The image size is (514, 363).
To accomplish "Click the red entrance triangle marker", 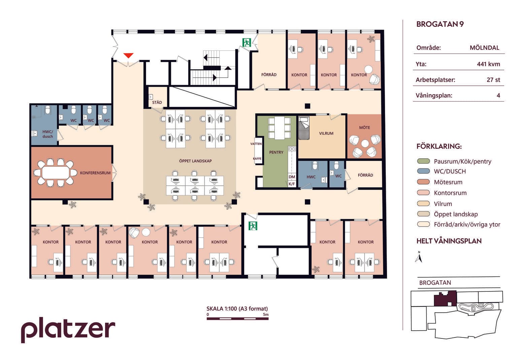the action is (x=128, y=55).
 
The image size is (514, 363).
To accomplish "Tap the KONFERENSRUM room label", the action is (x=95, y=173).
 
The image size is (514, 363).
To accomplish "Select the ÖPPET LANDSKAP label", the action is (x=195, y=161).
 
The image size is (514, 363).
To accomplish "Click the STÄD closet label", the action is (x=157, y=102).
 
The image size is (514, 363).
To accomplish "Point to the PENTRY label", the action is (x=276, y=152).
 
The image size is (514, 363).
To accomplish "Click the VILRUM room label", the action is (x=326, y=133).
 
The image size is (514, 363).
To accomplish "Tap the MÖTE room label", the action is (x=365, y=127).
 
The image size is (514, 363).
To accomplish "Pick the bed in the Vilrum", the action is (x=304, y=128).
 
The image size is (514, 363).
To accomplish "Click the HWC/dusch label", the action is (x=47, y=134).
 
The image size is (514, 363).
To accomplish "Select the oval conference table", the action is (x=56, y=172).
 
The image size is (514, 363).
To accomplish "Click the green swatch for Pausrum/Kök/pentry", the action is (x=423, y=161).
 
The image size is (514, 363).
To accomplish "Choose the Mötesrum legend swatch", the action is (x=423, y=182).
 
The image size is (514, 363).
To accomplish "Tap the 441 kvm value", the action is (x=488, y=64).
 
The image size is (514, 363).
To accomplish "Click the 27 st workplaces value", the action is (x=493, y=80).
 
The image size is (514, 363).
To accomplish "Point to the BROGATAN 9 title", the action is (x=440, y=24).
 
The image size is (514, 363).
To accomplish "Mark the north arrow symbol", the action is (x=419, y=257).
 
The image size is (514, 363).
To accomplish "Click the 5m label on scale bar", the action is (x=266, y=314).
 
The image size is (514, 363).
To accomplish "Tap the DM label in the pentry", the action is (x=292, y=177).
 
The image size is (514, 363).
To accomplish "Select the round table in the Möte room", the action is (x=365, y=144).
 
